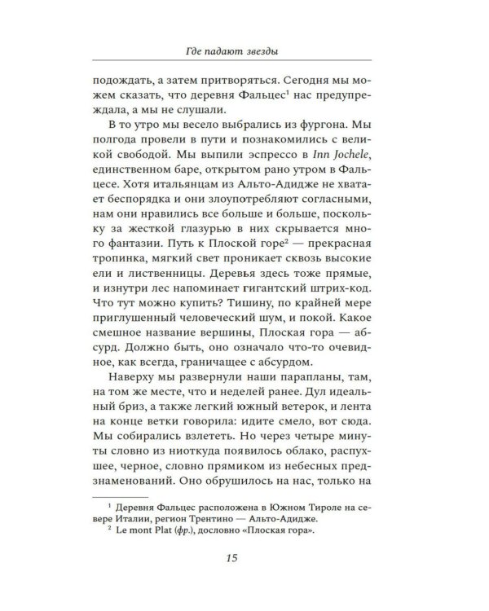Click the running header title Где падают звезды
[x=244, y=53]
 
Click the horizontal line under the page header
[x=244, y=65]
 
